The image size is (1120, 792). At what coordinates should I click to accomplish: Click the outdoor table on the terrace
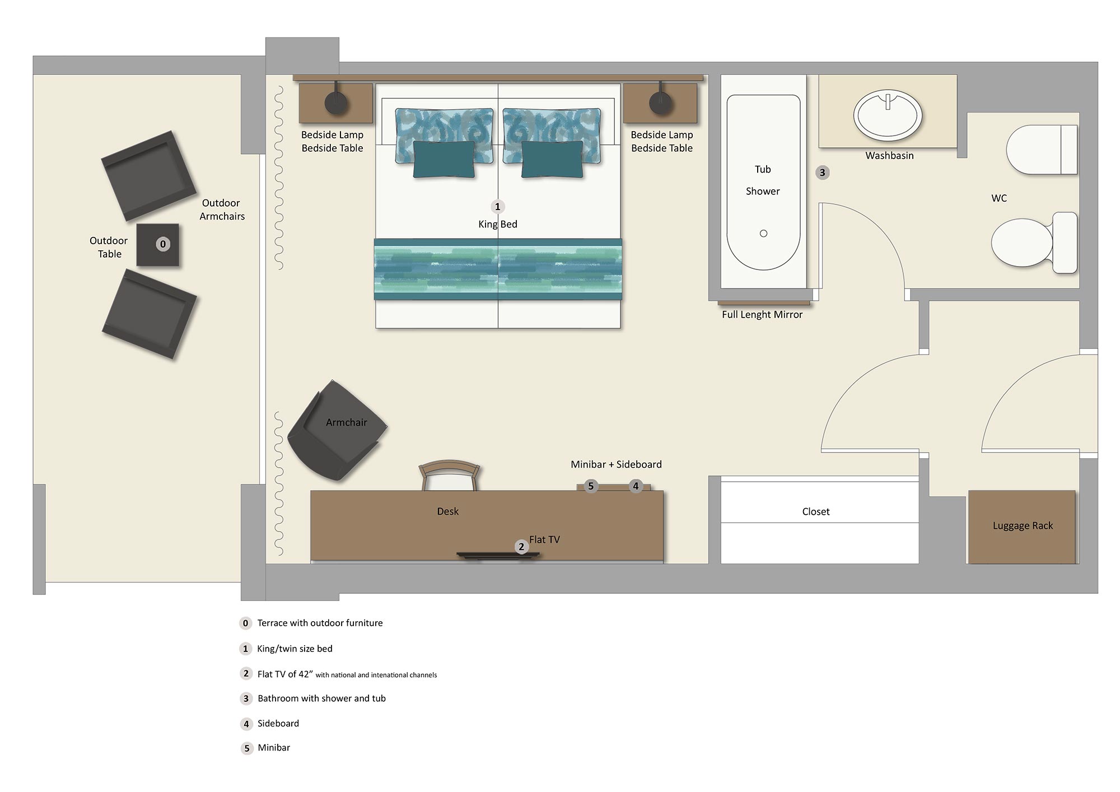[158, 245]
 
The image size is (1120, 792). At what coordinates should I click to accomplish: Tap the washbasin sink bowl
[888, 115]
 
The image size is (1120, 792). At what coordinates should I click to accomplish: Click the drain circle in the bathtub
[763, 234]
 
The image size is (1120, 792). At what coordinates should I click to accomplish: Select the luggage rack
[1022, 527]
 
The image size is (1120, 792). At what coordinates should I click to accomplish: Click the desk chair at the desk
[449, 476]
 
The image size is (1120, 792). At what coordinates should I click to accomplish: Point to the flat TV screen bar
[498, 555]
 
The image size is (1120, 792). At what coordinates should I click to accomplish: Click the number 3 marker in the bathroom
[822, 173]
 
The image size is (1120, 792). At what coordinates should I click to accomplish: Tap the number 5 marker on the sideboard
[591, 486]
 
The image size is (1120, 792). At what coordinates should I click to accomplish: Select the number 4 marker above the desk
[636, 486]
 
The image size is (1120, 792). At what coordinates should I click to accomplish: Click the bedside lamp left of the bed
[336, 103]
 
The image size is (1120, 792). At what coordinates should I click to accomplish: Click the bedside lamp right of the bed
[660, 103]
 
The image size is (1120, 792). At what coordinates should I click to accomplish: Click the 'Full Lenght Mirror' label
[762, 315]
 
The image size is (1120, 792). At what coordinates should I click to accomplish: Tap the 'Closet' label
[816, 511]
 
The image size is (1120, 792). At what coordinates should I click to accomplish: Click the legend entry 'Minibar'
[274, 748]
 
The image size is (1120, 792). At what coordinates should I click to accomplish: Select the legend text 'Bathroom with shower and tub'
[321, 698]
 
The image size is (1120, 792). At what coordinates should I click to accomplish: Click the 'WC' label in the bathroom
[999, 198]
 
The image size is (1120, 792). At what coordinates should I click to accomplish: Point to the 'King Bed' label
[498, 225]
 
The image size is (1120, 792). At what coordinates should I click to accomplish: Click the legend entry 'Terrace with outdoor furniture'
[320, 623]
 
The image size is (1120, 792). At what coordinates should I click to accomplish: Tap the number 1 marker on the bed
[497, 207]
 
